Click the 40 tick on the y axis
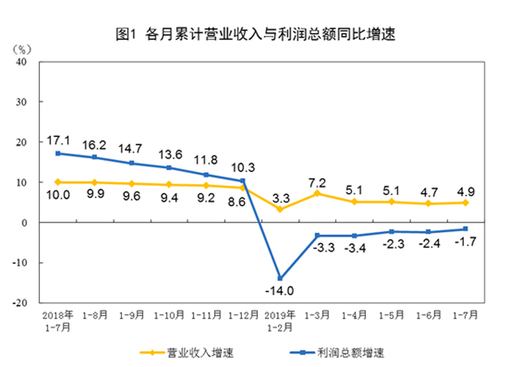(22, 62)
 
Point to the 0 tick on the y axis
(25, 223)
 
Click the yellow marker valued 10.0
(59, 182)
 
